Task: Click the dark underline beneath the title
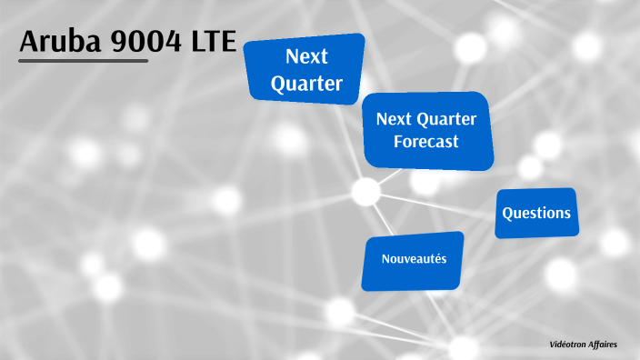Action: click(83, 61)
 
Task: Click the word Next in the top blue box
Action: click(306, 56)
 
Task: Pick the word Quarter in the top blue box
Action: click(306, 85)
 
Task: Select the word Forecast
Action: click(425, 142)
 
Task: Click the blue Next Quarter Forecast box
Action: click(427, 131)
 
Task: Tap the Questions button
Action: click(536, 214)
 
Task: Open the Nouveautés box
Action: click(413, 261)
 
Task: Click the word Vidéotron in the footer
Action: click(570, 345)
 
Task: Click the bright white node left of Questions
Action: click(365, 192)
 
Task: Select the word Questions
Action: click(536, 214)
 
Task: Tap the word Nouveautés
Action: click(414, 259)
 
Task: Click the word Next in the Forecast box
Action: click(394, 119)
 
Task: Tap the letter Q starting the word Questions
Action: click(508, 214)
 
